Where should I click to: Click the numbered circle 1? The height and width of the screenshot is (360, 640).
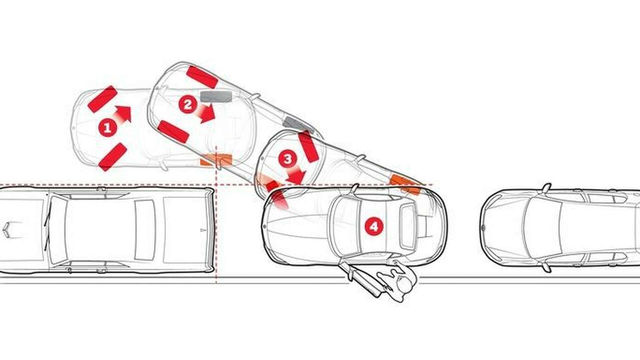[107, 128]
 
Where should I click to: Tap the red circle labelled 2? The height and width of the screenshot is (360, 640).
[188, 105]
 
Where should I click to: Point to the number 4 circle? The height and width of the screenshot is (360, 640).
[374, 227]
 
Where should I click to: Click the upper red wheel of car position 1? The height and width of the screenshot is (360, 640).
[102, 99]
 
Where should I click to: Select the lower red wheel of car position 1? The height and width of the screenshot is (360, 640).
[113, 157]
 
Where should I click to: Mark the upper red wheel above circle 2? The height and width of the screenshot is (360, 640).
[202, 77]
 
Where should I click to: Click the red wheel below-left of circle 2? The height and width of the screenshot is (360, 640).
[173, 132]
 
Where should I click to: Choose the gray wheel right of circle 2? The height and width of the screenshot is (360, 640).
[216, 96]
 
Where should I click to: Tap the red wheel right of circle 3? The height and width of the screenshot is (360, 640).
[308, 147]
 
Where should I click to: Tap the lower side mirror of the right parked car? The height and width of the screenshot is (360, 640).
[546, 267]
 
